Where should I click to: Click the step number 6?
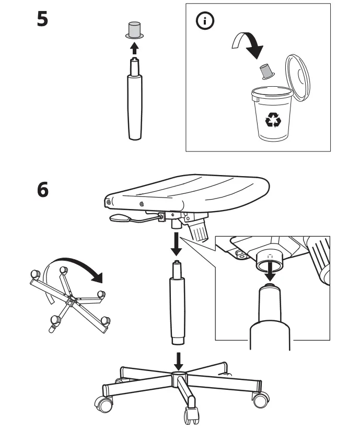[43, 189]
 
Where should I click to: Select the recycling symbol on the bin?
[273, 120]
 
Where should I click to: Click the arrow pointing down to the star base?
[178, 360]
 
